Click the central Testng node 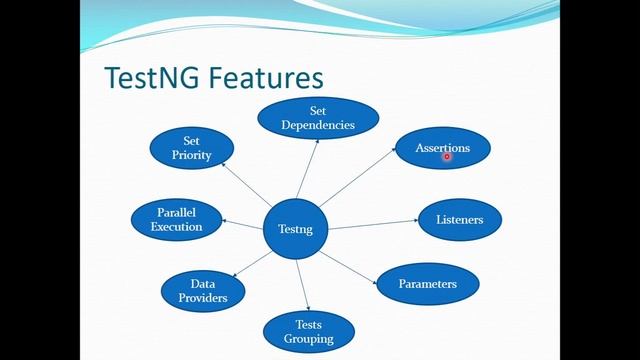(295, 230)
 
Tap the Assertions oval (442, 148)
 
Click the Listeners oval (459, 219)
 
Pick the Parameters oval (427, 284)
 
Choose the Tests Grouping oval (308, 332)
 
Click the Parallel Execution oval (176, 220)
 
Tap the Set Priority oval (191, 148)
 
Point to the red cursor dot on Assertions (447, 155)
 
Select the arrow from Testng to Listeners (372, 225)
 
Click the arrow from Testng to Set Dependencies (308, 170)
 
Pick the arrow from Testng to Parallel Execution (242, 224)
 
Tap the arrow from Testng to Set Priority (248, 187)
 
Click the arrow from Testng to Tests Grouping (303, 285)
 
